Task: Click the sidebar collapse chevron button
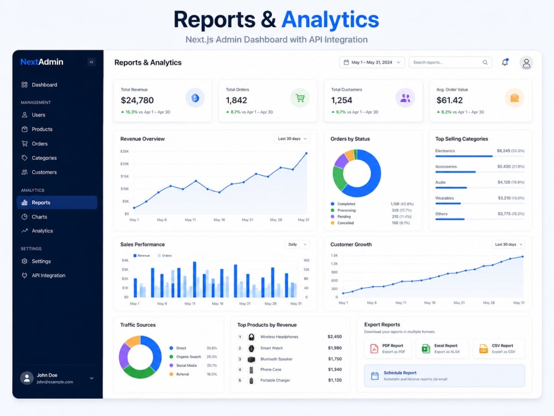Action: [x=91, y=62]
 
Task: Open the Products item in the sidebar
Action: [x=42, y=129]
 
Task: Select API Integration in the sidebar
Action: [x=48, y=276]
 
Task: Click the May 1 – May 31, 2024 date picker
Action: [x=372, y=62]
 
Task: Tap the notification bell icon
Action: [x=505, y=62]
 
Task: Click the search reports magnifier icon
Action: [x=485, y=62]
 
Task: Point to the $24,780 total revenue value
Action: [x=137, y=100]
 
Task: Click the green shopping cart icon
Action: [x=300, y=98]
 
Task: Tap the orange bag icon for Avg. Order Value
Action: [x=515, y=98]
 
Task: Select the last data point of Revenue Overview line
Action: [x=306, y=153]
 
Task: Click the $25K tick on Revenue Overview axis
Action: [x=124, y=151]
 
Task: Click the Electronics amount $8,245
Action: [x=504, y=151]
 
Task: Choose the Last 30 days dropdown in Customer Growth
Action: [x=508, y=245]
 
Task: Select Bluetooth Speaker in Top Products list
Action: [x=276, y=359]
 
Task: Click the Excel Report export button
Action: [x=442, y=348]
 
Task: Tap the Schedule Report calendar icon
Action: [x=375, y=376]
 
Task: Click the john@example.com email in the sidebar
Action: [x=55, y=382]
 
